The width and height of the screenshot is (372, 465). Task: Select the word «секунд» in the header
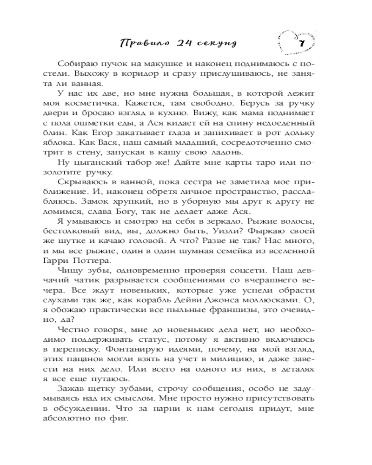[x=215, y=44]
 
